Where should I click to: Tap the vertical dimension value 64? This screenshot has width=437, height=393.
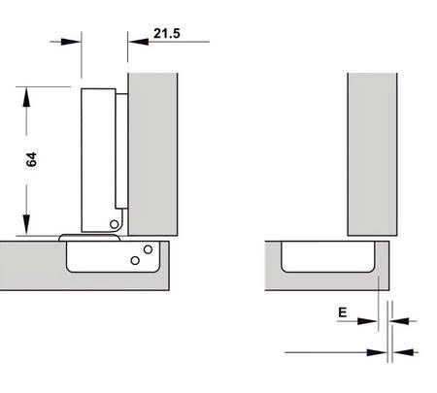tap(31, 160)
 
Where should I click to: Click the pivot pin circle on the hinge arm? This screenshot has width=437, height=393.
tap(114, 224)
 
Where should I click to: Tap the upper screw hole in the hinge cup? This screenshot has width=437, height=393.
tap(147, 250)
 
